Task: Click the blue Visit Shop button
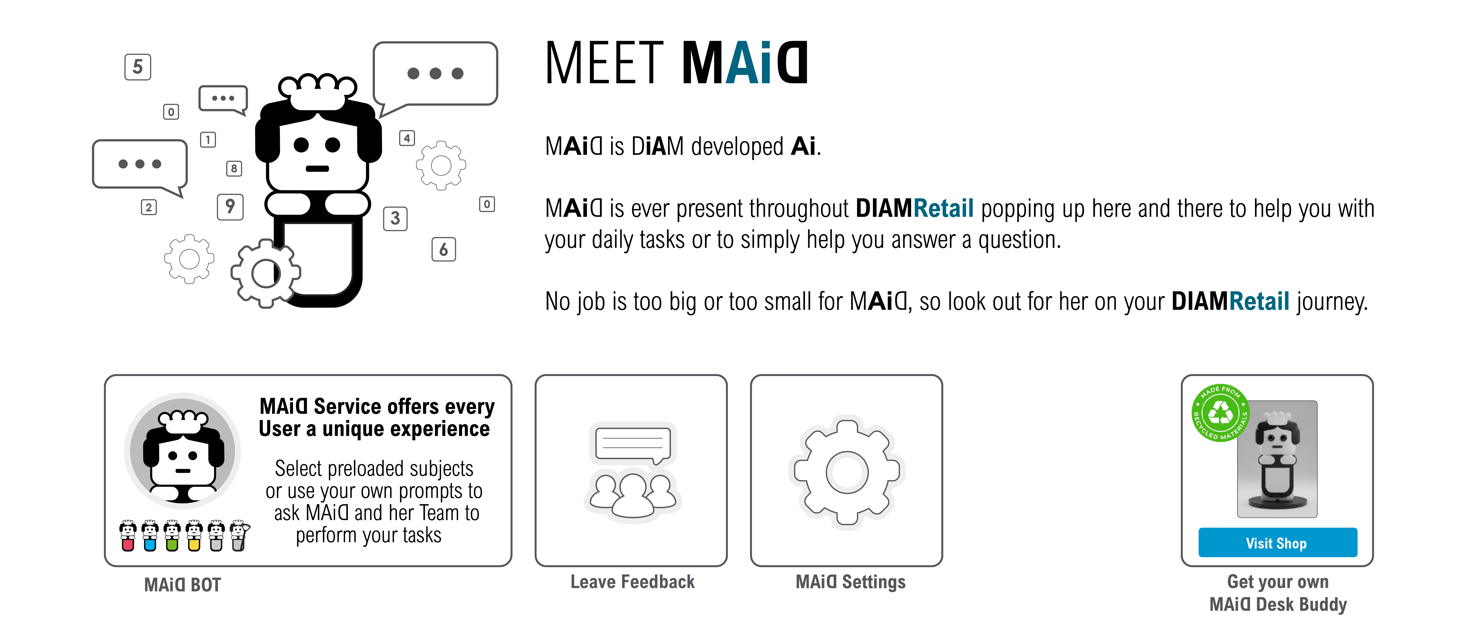click(x=1277, y=543)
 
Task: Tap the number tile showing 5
click(x=137, y=67)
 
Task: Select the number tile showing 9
click(x=230, y=207)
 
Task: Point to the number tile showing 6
click(x=443, y=249)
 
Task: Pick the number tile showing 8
click(x=234, y=169)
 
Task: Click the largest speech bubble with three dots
click(x=435, y=74)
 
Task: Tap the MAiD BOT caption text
click(x=182, y=585)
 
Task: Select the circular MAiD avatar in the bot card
click(x=182, y=451)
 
